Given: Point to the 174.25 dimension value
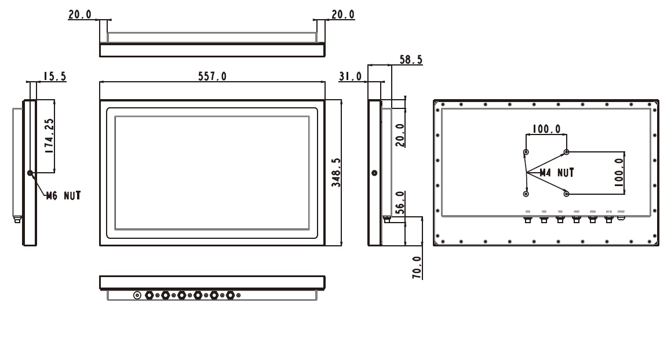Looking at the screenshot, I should click(49, 136).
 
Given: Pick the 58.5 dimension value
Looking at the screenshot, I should click(411, 60).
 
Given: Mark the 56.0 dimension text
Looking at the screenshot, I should click(400, 203).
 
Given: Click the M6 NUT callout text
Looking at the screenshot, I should click(63, 195).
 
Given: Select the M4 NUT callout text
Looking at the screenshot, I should click(556, 173).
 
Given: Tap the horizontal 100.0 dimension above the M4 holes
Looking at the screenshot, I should click(546, 129).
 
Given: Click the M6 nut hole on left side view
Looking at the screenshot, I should click(30, 173).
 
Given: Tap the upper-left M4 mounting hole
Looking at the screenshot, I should click(526, 152).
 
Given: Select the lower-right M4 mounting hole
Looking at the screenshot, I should click(567, 193).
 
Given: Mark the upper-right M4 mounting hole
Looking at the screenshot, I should click(567, 152).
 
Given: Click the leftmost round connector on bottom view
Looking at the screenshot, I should click(137, 296).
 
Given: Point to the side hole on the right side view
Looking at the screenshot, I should click(374, 173).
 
